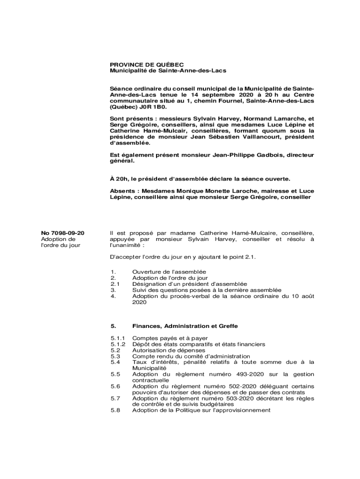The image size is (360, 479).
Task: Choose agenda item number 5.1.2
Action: tap(118, 344)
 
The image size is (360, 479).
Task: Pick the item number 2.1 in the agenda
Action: tap(115, 284)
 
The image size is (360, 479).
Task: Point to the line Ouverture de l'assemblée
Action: tap(169, 272)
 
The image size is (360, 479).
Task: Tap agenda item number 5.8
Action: tap(115, 410)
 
